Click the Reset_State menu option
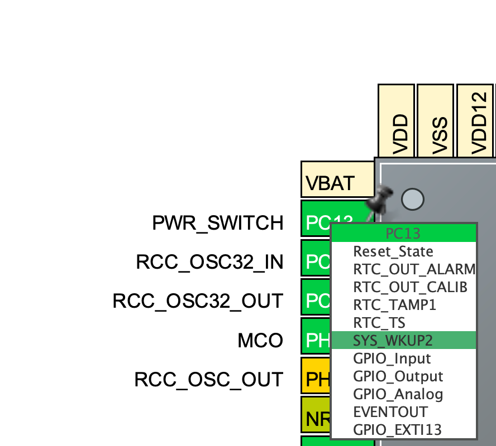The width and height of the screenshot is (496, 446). [393, 251]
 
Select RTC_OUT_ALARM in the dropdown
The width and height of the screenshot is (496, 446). [413, 269]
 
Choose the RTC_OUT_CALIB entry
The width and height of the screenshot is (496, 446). [410, 287]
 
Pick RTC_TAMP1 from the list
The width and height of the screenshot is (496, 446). [394, 305]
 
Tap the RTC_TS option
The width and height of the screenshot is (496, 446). [379, 323]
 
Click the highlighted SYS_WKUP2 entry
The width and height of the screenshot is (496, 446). [393, 340]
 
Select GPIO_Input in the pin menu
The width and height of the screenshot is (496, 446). [392, 358]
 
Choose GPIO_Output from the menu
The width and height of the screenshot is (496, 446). [398, 376]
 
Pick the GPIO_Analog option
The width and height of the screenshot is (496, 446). [398, 394]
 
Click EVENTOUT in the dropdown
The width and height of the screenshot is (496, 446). [390, 412]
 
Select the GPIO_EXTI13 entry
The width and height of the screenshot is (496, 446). [397, 430]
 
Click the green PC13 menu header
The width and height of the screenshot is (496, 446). [403, 233]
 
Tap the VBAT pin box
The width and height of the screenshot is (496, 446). [337, 180]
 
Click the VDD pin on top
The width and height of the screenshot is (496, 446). [397, 120]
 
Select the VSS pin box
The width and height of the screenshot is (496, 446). [436, 120]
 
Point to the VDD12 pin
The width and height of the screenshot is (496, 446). [476, 120]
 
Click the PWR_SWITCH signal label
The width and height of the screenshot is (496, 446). [218, 223]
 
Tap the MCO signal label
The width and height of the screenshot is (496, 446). [260, 340]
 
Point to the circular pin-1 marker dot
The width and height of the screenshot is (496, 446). [412, 199]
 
